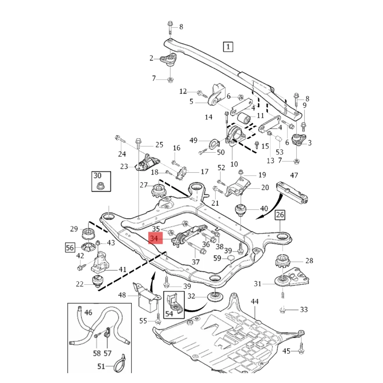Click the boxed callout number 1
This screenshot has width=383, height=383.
(x=228, y=47)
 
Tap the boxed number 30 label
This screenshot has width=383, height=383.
(x=97, y=176)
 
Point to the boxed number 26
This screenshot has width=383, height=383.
(x=280, y=214)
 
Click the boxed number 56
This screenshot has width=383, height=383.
(x=70, y=247)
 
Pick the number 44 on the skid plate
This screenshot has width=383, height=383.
(x=254, y=301)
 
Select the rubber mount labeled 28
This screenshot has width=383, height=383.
(x=282, y=261)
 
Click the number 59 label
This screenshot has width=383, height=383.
(x=217, y=258)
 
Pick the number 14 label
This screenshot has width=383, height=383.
(x=208, y=117)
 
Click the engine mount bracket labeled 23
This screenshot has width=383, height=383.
(x=146, y=163)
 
